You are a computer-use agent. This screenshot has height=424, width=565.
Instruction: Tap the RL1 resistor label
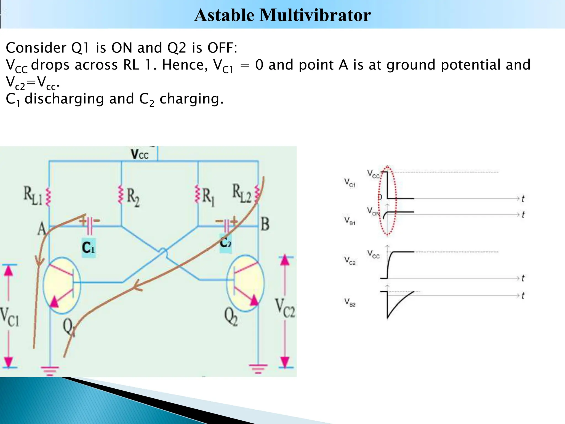[x=33, y=196]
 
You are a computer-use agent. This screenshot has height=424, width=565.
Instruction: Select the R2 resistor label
[x=133, y=197]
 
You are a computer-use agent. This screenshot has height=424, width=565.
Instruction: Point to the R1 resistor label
[x=209, y=197]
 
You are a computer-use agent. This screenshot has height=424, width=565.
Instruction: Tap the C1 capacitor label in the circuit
[x=88, y=248]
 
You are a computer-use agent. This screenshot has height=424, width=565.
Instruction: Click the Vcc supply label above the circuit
[x=140, y=154]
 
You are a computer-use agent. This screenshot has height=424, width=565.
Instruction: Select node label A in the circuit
[x=41, y=229]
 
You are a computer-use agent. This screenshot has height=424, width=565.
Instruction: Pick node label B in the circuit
[x=265, y=224]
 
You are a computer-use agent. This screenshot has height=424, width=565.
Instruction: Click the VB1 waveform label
[x=350, y=221]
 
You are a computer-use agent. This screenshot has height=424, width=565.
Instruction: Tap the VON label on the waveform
[x=373, y=211]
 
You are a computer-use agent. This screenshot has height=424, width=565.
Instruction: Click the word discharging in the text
[x=64, y=99]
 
